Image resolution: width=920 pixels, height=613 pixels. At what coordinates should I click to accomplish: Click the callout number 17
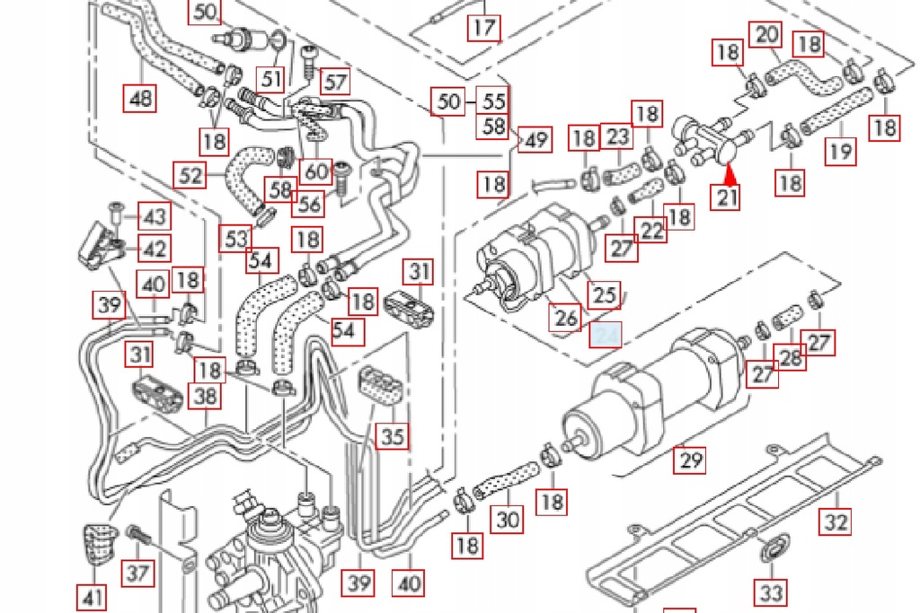click(x=483, y=27)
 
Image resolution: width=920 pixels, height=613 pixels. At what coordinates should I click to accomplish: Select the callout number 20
click(x=766, y=35)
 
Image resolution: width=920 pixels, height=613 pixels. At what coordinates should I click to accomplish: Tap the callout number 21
click(x=727, y=196)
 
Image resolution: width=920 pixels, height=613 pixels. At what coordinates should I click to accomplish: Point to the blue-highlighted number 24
click(x=606, y=335)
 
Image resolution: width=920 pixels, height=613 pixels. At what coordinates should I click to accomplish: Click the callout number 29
click(x=691, y=460)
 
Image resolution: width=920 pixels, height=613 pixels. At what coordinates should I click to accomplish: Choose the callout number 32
click(x=835, y=521)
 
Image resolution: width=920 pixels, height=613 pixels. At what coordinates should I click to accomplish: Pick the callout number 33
click(x=772, y=591)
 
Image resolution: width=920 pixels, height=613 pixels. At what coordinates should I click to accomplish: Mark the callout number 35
click(x=392, y=437)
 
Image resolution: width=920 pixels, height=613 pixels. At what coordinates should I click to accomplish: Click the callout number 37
click(x=137, y=571)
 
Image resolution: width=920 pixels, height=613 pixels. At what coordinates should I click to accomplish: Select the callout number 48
click(x=141, y=97)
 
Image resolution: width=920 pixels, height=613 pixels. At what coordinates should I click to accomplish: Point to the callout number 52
click(x=190, y=174)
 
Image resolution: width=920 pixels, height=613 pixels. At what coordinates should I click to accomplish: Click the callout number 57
click(x=335, y=83)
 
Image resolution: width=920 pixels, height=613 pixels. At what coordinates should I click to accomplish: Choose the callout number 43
click(x=155, y=216)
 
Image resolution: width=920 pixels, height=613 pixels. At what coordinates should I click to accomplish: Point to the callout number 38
click(x=207, y=395)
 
